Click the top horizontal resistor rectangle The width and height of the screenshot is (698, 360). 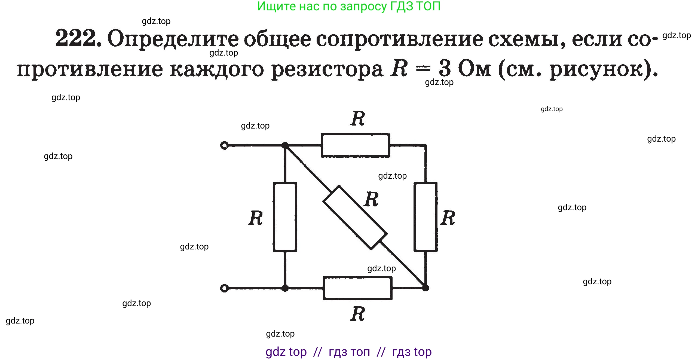tap(355, 145)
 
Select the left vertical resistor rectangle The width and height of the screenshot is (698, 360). tap(285, 217)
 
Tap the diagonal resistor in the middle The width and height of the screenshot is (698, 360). tap(355, 217)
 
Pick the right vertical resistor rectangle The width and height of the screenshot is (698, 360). tap(425, 217)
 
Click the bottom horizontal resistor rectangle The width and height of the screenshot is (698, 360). tap(357, 288)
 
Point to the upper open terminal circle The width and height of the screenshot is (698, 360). tap(224, 146)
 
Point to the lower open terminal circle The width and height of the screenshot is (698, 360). tap(224, 288)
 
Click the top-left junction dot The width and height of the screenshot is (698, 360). tap(285, 145)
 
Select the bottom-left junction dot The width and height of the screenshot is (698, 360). tap(285, 288)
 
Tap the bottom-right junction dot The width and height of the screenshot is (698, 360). tap(425, 288)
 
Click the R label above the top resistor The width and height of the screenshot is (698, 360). tap(358, 119)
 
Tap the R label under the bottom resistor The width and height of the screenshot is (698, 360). tap(357, 314)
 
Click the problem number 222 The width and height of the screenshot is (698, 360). tap(78, 38)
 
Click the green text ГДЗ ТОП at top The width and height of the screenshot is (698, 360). tap(415, 6)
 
